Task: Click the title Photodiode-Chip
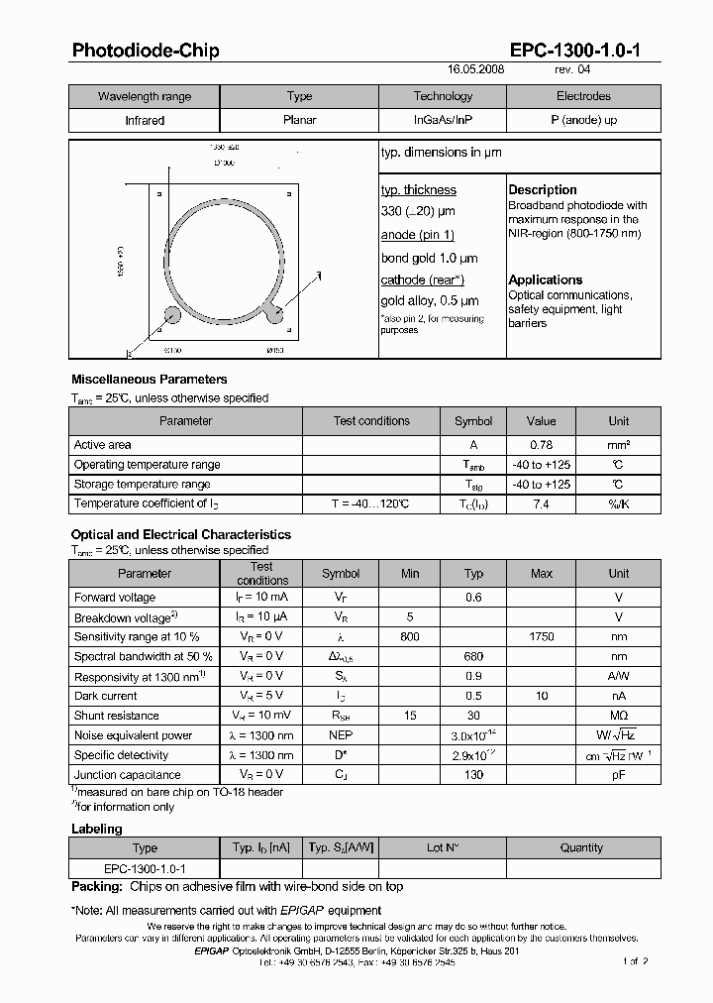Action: [146, 51]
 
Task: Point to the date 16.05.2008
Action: [477, 71]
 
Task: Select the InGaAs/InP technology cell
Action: [443, 120]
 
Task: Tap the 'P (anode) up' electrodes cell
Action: [583, 120]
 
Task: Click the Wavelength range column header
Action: [145, 96]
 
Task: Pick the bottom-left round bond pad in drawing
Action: [172, 316]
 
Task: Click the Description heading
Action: [543, 189]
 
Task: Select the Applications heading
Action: [546, 279]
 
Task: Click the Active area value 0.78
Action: [541, 445]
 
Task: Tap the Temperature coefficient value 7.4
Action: [541, 503]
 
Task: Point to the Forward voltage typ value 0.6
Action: [473, 598]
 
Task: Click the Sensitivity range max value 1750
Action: [542, 637]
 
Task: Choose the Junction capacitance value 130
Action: [473, 775]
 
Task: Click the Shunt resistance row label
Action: [117, 716]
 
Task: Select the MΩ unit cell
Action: [618, 716]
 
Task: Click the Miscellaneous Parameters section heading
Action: [150, 379]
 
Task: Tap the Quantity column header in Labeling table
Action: [581, 847]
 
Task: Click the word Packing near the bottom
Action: [95, 888]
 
